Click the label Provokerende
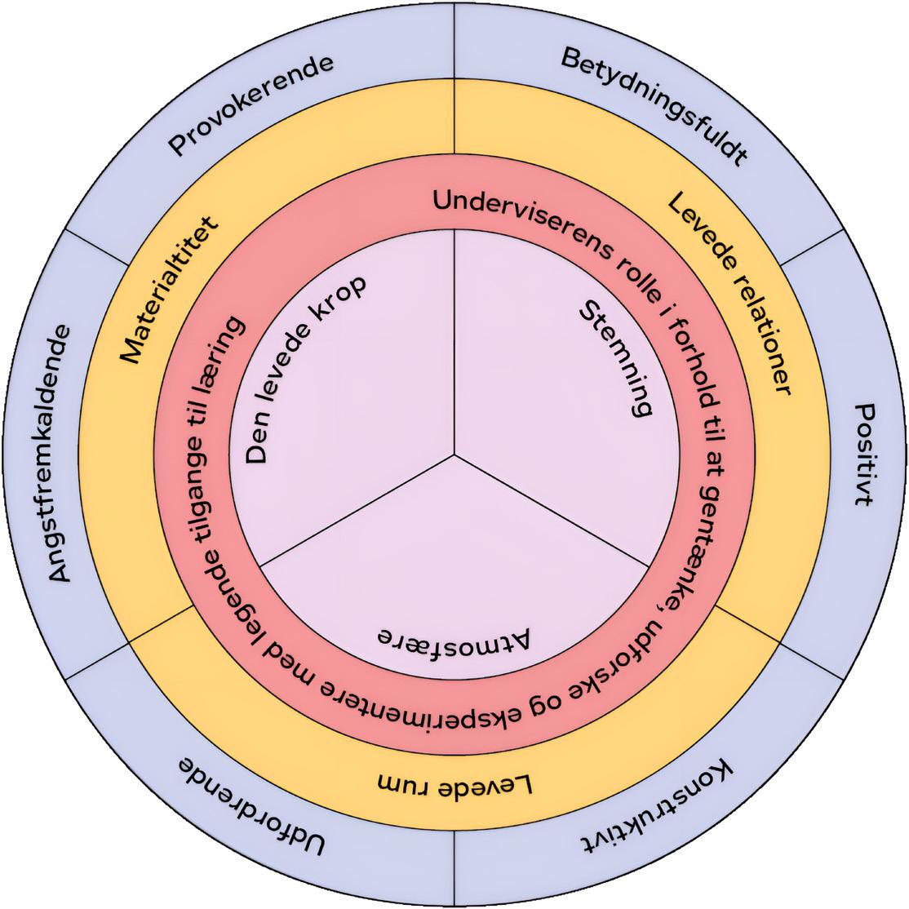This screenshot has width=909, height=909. click(x=251, y=105)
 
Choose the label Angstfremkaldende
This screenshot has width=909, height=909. click(x=62, y=454)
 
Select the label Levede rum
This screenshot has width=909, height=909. click(x=455, y=786)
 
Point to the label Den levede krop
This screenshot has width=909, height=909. click(x=303, y=371)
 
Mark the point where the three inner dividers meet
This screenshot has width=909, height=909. click(x=454, y=454)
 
